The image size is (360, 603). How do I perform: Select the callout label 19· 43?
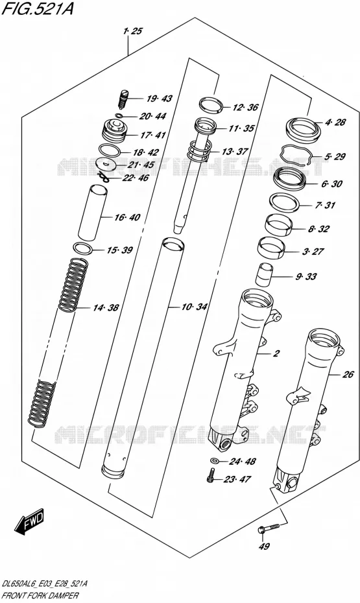pyautogui.click(x=159, y=99)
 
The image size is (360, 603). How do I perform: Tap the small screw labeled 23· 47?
pyautogui.click(x=210, y=476)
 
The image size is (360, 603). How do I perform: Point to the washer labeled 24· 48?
pyautogui.click(x=215, y=461)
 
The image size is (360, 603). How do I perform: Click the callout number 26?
pyautogui.click(x=348, y=374)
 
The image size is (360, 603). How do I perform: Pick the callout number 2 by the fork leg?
pyautogui.click(x=276, y=353)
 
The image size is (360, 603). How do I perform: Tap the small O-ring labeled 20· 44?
pyautogui.click(x=119, y=115)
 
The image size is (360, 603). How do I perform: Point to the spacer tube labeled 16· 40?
pyautogui.click(x=91, y=213)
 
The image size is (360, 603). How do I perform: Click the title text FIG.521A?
pyautogui.click(x=38, y=8)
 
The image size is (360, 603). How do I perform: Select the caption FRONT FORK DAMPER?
pyautogui.click(x=40, y=596)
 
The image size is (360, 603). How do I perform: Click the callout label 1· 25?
pyautogui.click(x=132, y=31)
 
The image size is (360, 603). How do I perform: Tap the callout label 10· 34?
pyautogui.click(x=195, y=307)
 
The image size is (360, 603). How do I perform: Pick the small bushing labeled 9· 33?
pyautogui.click(x=265, y=274)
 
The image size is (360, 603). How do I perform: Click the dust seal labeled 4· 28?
pyautogui.click(x=303, y=130)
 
